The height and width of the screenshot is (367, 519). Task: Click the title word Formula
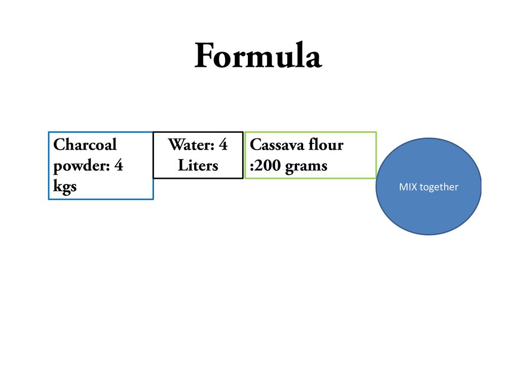click(257, 56)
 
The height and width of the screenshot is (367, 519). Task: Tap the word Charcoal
click(85, 145)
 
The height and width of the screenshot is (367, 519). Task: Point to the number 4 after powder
click(119, 166)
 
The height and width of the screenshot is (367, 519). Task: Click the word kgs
click(65, 187)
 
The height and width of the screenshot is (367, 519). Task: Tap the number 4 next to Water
click(223, 145)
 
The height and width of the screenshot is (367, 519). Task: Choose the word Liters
click(198, 166)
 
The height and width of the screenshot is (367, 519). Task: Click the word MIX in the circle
click(408, 187)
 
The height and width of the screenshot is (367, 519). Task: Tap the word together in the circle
click(439, 188)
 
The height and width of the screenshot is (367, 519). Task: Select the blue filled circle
click(428, 213)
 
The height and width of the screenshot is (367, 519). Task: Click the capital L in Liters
click(181, 166)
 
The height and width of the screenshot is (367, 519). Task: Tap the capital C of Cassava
click(255, 145)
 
